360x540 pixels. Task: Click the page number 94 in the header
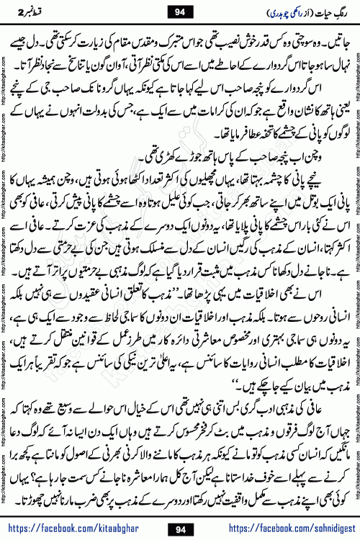click(180, 12)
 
